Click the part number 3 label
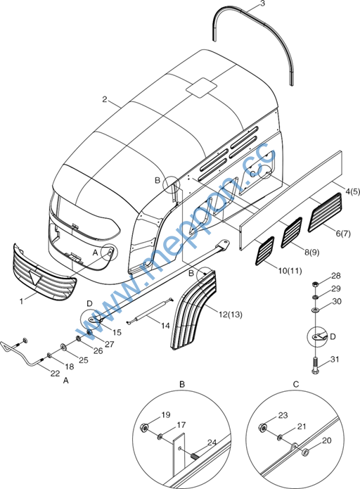click(262, 4)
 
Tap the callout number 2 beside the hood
click(105, 99)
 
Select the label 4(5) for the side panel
click(352, 191)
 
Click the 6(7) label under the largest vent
click(343, 234)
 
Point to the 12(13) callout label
click(231, 315)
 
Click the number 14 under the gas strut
click(165, 326)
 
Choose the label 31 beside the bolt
click(335, 360)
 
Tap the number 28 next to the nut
click(336, 276)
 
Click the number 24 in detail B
click(212, 443)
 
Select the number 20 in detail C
click(327, 440)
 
